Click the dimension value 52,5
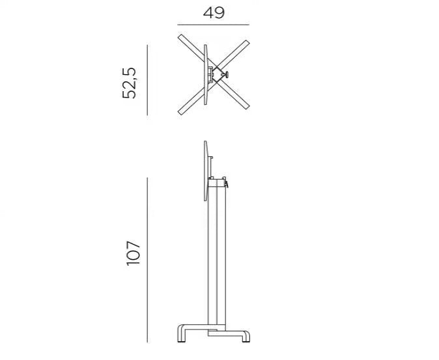tap(131, 81)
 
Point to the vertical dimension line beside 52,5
tap(148, 79)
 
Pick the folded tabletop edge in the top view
tap(205, 75)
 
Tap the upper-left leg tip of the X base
tap(180, 36)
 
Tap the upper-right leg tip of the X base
tap(246, 44)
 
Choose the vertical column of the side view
tap(217, 260)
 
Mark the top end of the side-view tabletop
tap(206, 143)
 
